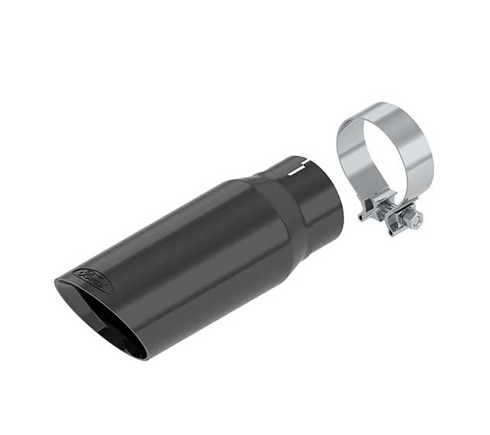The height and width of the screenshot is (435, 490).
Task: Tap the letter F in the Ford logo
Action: point(85,274)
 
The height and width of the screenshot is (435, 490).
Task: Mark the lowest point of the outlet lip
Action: point(143,357)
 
